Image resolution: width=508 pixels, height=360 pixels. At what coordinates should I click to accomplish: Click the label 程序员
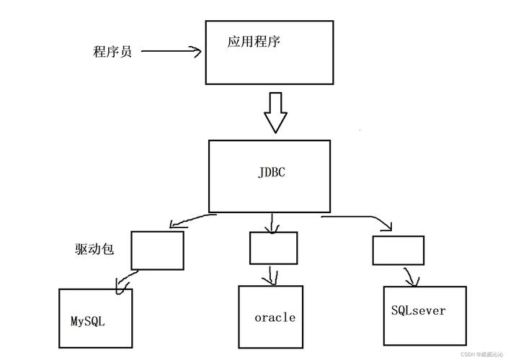pyautogui.click(x=112, y=52)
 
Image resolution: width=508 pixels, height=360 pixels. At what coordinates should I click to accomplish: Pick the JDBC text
pyautogui.click(x=270, y=173)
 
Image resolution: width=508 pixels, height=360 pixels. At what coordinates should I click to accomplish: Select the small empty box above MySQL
pyautogui.click(x=158, y=249)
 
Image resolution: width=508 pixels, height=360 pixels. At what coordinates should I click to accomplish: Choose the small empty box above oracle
pyautogui.click(x=273, y=247)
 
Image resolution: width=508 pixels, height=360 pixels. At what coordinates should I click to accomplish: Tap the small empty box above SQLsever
pyautogui.click(x=398, y=250)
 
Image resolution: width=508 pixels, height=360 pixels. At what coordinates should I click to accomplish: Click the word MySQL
pyautogui.click(x=88, y=320)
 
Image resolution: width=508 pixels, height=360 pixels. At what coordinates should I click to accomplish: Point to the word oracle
pyautogui.click(x=275, y=318)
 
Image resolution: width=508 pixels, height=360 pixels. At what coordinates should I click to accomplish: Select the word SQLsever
pyautogui.click(x=419, y=311)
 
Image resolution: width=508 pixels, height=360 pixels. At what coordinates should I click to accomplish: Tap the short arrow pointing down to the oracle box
pyautogui.click(x=271, y=274)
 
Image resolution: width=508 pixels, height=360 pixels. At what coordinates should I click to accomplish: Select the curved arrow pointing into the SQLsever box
pyautogui.click(x=410, y=276)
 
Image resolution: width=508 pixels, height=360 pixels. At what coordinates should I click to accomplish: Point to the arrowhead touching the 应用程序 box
pyautogui.click(x=196, y=51)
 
